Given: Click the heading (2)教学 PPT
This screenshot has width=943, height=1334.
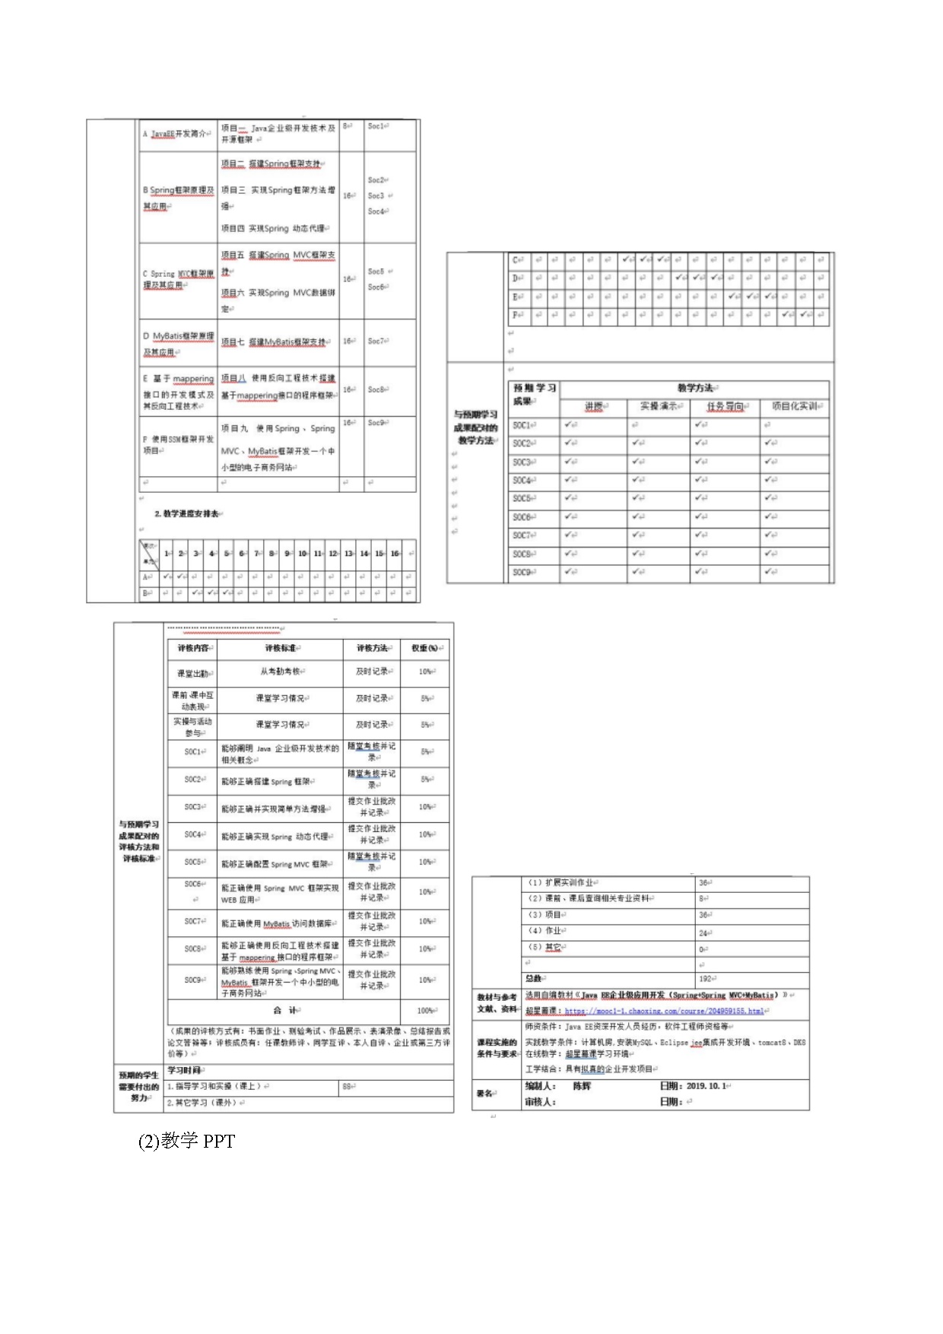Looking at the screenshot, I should tap(187, 1141).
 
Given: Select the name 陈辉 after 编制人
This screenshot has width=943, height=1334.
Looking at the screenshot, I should tap(582, 1086).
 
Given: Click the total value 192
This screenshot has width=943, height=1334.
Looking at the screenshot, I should tap(705, 979).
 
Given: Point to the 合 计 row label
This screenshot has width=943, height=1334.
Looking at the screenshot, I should tap(287, 1010).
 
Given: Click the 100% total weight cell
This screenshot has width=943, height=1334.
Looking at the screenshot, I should tap(426, 1011).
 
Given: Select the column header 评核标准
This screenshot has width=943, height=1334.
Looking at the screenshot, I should tap(282, 648).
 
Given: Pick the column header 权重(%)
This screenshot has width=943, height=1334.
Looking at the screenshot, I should tap(425, 648).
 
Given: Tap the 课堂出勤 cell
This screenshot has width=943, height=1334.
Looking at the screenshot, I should tap(193, 673).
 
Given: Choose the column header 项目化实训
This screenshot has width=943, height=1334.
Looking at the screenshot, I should tap(794, 406).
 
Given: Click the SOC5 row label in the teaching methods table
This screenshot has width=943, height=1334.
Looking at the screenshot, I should tap(522, 498).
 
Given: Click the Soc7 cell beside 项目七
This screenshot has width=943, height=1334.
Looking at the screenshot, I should tap(377, 341).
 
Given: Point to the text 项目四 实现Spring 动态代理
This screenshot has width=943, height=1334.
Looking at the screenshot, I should tap(274, 228).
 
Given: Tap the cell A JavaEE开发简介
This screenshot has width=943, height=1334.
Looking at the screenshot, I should tap(176, 134).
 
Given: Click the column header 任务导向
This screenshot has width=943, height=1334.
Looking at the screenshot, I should tap(725, 406).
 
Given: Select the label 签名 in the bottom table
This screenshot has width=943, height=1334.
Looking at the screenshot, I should tap(484, 1094).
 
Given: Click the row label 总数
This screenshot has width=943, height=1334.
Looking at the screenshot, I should tap(535, 979).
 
